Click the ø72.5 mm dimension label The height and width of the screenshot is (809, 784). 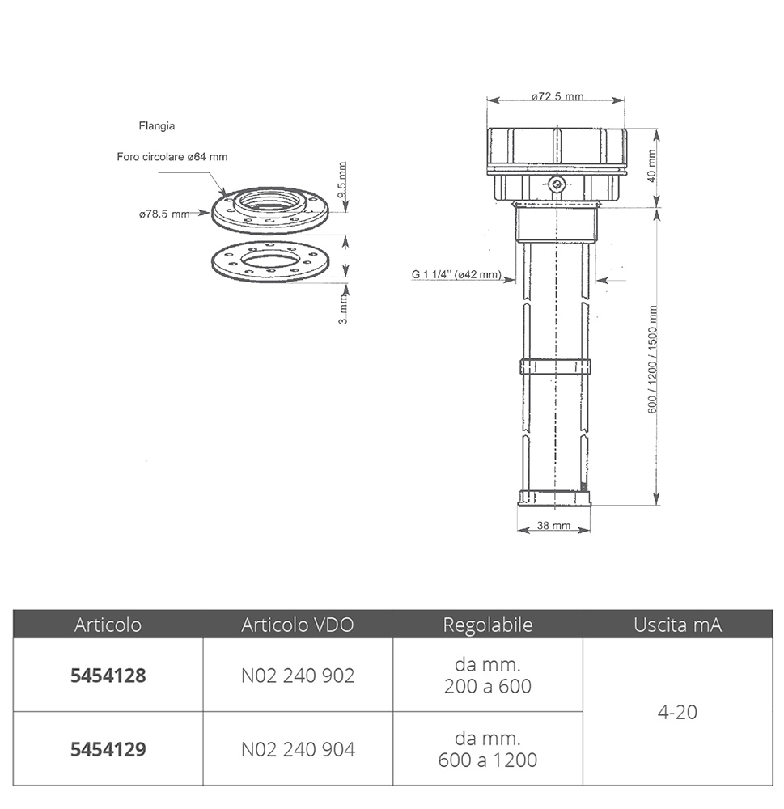point(557,96)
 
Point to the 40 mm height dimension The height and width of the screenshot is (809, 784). point(651,166)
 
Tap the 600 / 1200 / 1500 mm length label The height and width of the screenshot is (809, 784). point(652,360)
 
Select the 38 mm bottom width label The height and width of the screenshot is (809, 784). point(553,525)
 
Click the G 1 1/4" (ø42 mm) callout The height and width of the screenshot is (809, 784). point(456,274)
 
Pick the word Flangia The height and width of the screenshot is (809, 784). point(157,126)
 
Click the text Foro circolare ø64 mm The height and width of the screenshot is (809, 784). point(172,157)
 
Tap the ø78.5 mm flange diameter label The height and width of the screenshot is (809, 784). point(164,214)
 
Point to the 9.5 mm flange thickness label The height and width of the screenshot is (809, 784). point(342,180)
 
